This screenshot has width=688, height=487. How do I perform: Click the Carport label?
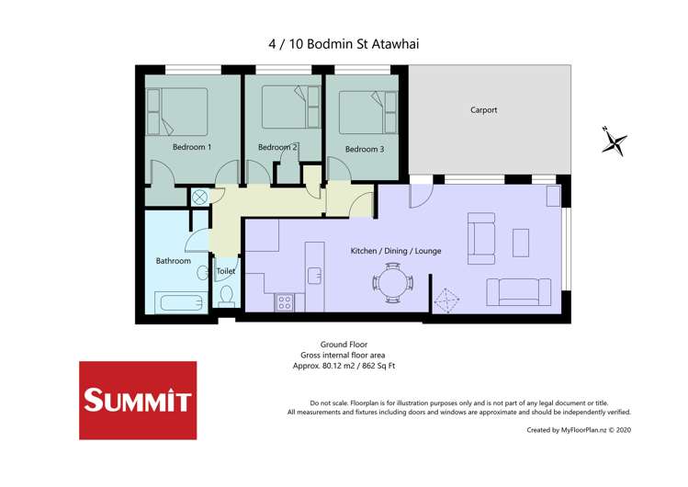(x=483, y=109)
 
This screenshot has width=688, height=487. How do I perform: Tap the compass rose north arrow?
(x=615, y=142)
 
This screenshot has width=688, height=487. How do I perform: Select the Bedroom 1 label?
(x=192, y=147)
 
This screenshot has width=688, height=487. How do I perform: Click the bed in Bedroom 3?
(x=367, y=112)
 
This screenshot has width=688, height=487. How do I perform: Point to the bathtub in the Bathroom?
(x=181, y=302)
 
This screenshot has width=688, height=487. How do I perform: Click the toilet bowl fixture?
(x=226, y=295)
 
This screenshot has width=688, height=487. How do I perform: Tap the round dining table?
(x=393, y=283)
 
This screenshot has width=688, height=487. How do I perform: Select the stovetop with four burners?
(x=285, y=302)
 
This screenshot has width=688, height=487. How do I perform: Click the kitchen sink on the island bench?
(x=314, y=276)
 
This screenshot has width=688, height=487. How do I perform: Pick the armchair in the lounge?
(x=481, y=239)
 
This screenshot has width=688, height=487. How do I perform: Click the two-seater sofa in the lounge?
(x=519, y=292)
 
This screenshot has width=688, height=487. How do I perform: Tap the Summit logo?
(x=138, y=400)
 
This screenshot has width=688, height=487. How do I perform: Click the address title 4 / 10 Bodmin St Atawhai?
(x=344, y=44)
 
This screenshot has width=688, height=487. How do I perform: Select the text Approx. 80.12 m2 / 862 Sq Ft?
(x=344, y=366)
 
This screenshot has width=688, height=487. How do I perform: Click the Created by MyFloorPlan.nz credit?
(x=579, y=430)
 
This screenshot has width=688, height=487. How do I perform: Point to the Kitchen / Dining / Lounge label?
(x=396, y=251)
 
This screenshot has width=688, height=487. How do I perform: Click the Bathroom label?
(x=174, y=261)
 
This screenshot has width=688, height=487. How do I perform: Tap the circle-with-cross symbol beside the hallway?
(x=199, y=197)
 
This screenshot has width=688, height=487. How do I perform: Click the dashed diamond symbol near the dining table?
(x=446, y=300)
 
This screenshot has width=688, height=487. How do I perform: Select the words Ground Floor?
(x=344, y=345)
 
